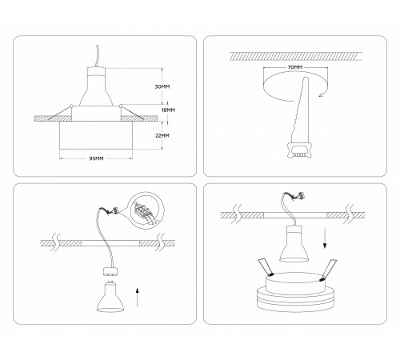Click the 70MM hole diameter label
(x=296, y=69)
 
